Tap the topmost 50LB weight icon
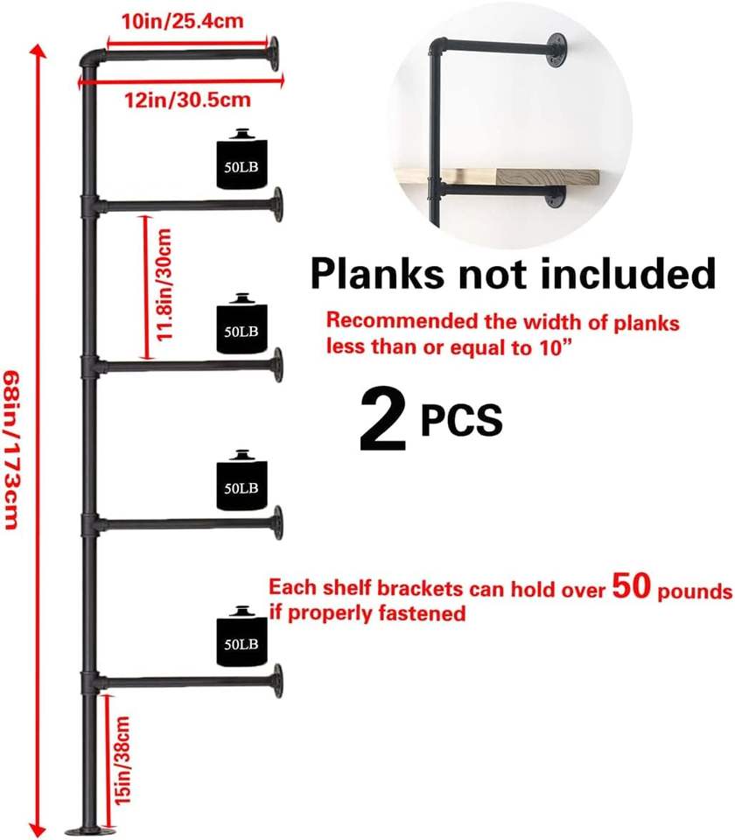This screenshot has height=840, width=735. pyautogui.click(x=240, y=160)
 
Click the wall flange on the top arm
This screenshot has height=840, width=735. pyautogui.click(x=274, y=53)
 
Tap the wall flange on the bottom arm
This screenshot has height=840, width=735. pyautogui.click(x=277, y=680)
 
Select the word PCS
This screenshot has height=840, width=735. pyautogui.click(x=461, y=421)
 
